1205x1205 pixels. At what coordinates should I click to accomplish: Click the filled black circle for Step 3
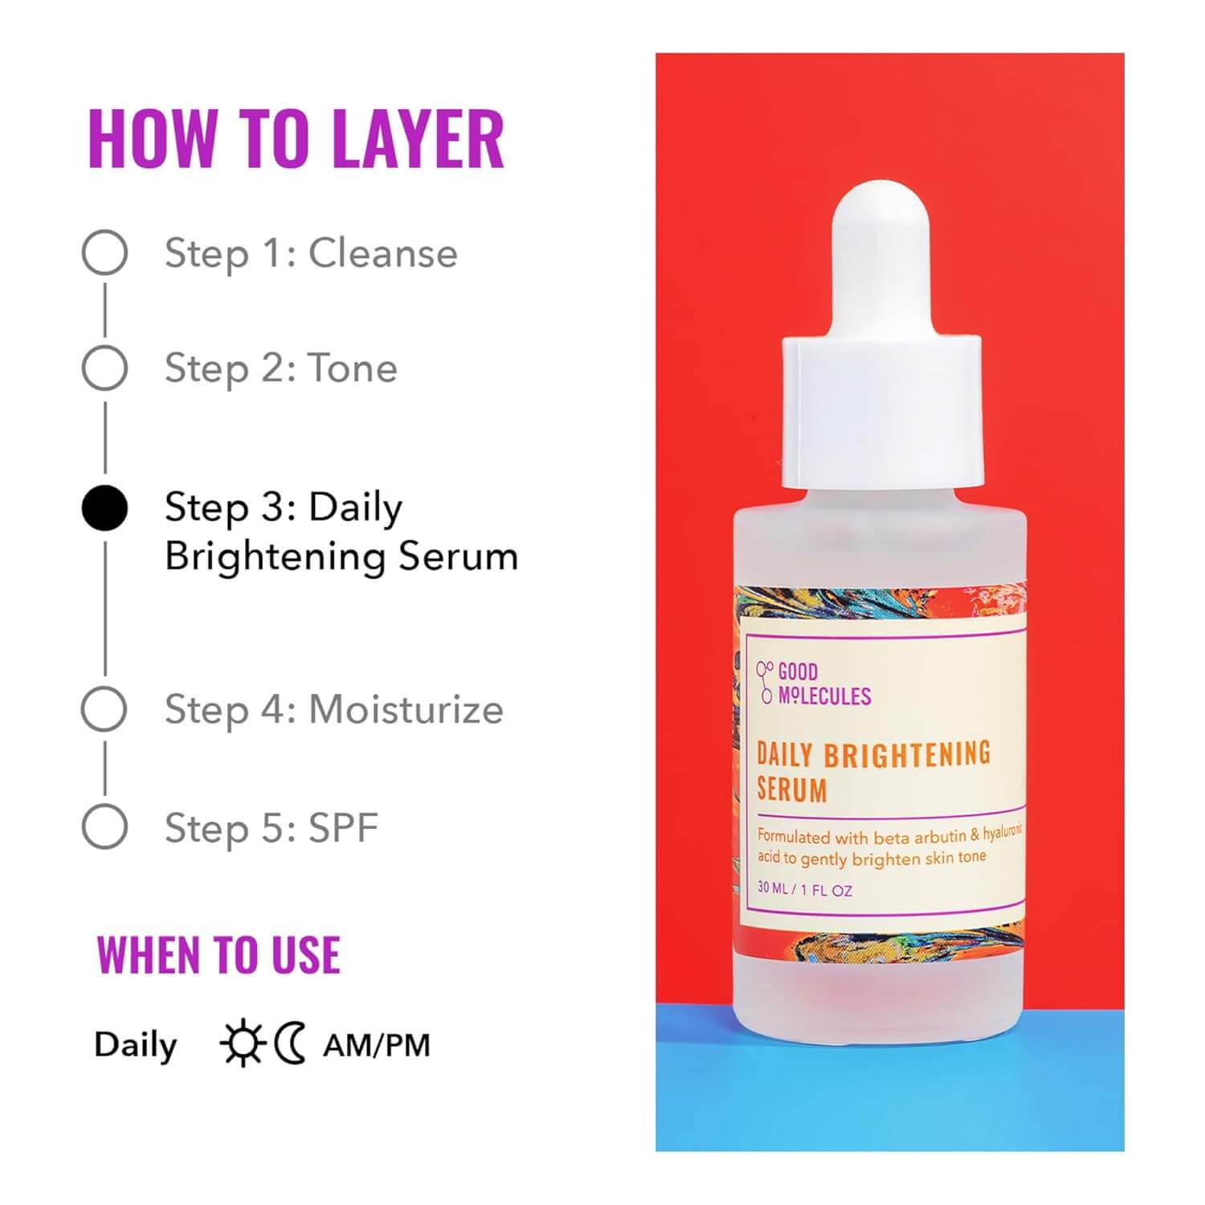tap(104, 509)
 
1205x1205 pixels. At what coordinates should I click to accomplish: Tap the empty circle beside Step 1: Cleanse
tap(104, 252)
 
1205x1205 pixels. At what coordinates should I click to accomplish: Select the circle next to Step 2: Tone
tap(104, 368)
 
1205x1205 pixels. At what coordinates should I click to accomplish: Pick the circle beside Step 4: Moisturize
tap(104, 709)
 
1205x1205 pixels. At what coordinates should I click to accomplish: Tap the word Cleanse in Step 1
tap(383, 253)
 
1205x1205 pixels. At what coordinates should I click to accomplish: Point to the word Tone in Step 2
tap(353, 369)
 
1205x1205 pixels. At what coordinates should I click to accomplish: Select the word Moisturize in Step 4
tap(406, 709)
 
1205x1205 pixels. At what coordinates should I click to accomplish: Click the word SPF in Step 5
tap(343, 827)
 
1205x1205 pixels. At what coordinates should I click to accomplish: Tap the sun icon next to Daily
tap(242, 1044)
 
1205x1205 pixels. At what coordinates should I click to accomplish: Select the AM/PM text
tap(377, 1044)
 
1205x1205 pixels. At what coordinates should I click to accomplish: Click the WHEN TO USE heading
tap(219, 955)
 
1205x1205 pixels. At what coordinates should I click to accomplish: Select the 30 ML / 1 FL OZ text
tap(805, 889)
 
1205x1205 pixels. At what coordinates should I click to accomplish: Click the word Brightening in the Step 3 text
tap(277, 557)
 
